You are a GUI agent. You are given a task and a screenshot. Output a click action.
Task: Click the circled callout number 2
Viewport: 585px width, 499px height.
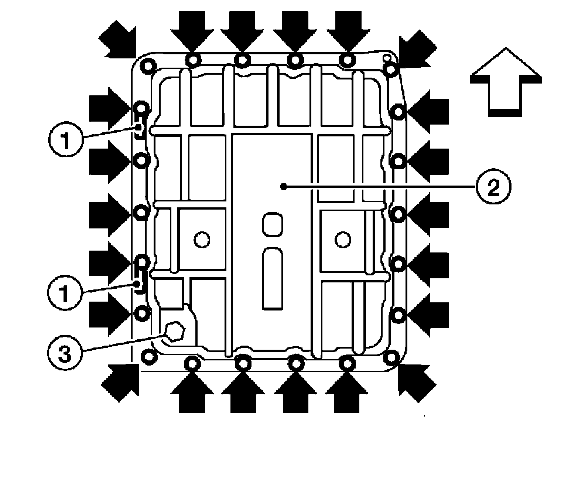pos(493,188)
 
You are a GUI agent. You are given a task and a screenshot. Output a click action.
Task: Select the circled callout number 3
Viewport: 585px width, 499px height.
pos(65,354)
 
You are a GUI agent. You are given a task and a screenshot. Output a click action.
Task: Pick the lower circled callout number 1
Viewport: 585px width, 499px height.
pos(65,294)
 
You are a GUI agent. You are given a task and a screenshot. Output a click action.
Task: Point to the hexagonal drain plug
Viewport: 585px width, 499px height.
pos(174,331)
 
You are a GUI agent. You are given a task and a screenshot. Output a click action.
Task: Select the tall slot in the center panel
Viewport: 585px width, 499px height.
pos(273,278)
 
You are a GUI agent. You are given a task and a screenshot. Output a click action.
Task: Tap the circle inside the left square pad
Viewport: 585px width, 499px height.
pos(202,240)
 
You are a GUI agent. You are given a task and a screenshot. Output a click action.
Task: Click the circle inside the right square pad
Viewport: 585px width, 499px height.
pos(343,240)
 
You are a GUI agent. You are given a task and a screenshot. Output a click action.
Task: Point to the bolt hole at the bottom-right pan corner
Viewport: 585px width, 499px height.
pos(391,357)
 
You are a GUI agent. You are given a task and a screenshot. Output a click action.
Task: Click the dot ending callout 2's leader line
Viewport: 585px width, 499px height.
pos(283,187)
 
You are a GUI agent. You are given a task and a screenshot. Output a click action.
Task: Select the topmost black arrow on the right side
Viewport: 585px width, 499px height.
pos(427,111)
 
